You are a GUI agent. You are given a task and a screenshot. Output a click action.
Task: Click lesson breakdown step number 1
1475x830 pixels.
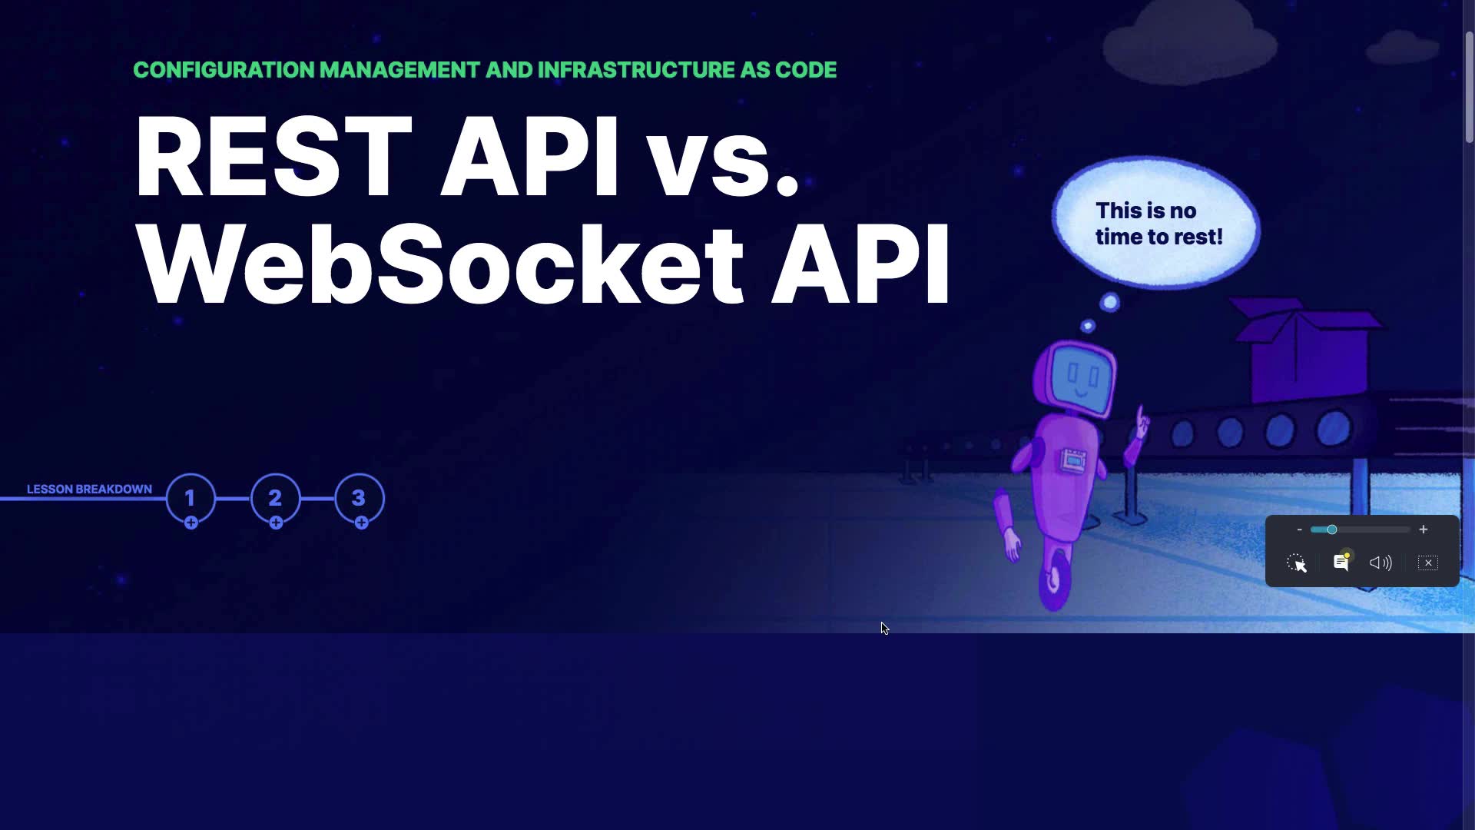(x=191, y=498)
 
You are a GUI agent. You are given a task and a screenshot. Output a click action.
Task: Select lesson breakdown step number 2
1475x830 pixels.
(x=275, y=498)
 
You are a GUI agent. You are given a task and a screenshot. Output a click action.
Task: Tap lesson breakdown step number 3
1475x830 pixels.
(x=359, y=498)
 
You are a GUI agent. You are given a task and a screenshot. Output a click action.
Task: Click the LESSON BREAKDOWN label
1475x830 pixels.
(x=89, y=489)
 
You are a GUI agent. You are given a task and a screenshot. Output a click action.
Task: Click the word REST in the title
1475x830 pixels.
(x=274, y=157)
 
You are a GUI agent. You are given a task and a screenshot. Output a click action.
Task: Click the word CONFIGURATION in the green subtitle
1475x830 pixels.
(x=224, y=70)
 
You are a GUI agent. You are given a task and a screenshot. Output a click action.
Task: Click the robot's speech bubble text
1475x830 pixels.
(x=1158, y=224)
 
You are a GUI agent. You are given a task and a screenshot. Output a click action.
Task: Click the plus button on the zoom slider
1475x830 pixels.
(x=1423, y=530)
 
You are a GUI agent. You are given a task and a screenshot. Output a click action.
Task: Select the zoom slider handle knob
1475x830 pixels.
(x=1331, y=530)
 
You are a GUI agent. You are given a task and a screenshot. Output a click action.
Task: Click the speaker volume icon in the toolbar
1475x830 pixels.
(x=1381, y=563)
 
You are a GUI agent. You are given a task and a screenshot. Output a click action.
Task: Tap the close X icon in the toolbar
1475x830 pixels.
(x=1428, y=563)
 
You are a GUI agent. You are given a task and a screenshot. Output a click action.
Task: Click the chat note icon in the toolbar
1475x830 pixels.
(x=1341, y=563)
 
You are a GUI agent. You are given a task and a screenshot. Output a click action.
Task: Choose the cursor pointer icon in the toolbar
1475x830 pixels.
(x=1297, y=563)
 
